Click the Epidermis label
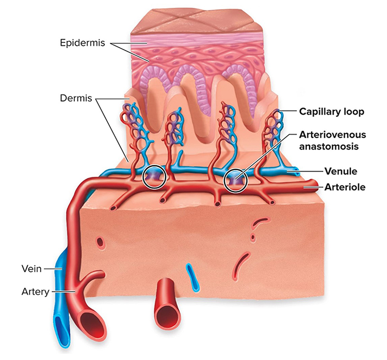83,43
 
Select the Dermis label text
76,98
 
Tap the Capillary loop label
331,112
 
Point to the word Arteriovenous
332,135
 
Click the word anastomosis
329,146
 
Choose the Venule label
341,171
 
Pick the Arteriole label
345,187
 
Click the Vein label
31,269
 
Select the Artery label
35,292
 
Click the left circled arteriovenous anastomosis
154,177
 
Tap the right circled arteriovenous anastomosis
235,180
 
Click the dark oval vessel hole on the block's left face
101,242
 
